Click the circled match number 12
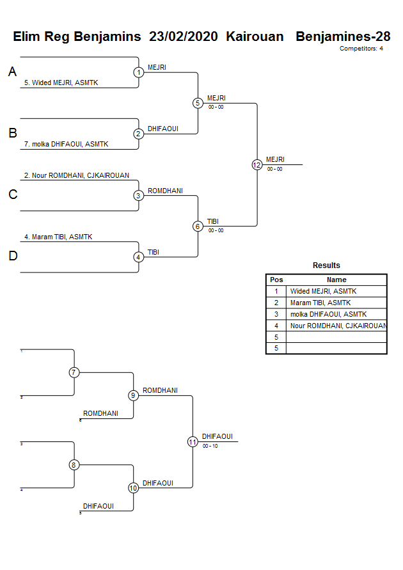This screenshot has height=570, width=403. (x=257, y=164)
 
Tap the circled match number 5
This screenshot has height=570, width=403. (x=198, y=103)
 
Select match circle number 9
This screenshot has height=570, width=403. (x=134, y=395)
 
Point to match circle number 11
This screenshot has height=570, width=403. (x=193, y=441)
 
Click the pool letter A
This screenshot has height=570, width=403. (x=12, y=72)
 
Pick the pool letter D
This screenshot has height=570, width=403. (x=12, y=257)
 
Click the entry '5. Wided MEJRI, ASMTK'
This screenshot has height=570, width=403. (x=61, y=83)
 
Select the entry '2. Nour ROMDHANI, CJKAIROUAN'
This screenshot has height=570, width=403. (x=76, y=175)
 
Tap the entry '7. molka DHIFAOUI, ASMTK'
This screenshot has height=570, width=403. (x=66, y=144)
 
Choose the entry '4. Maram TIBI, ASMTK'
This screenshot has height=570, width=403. (x=58, y=237)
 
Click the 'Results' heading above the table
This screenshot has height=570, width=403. (x=326, y=265)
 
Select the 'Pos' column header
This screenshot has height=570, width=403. (x=276, y=280)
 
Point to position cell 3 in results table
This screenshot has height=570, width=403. (x=276, y=314)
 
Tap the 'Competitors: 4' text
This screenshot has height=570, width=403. (x=361, y=49)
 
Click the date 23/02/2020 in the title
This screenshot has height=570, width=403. (x=184, y=36)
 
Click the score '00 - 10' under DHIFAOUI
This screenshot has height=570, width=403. (x=210, y=446)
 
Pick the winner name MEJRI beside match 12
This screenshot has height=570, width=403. (x=275, y=159)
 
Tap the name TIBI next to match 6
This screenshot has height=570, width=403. (x=212, y=221)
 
